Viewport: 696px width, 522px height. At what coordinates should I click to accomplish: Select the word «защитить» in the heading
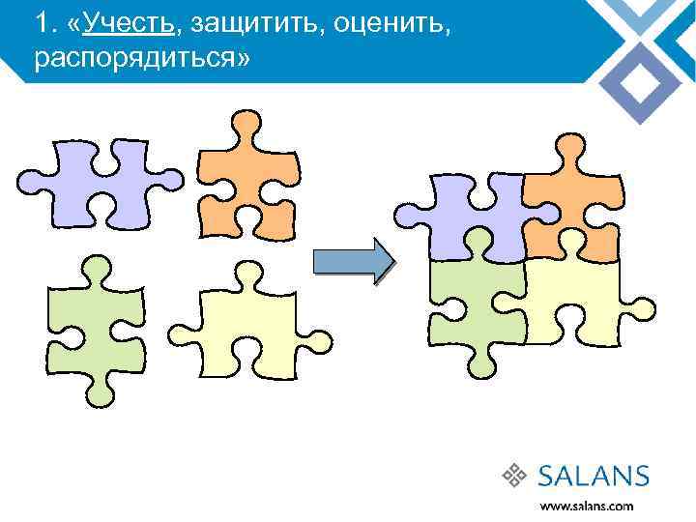pyautogui.click(x=254, y=23)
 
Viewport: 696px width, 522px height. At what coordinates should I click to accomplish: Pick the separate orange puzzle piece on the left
pyautogui.click(x=246, y=179)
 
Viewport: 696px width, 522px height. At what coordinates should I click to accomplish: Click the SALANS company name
pyautogui.click(x=594, y=475)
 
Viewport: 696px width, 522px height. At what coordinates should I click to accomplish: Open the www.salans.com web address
pyautogui.click(x=587, y=506)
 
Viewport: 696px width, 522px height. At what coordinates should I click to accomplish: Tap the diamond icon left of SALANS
pyautogui.click(x=514, y=475)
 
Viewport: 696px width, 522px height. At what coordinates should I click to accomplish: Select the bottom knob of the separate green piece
pyautogui.click(x=96, y=391)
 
